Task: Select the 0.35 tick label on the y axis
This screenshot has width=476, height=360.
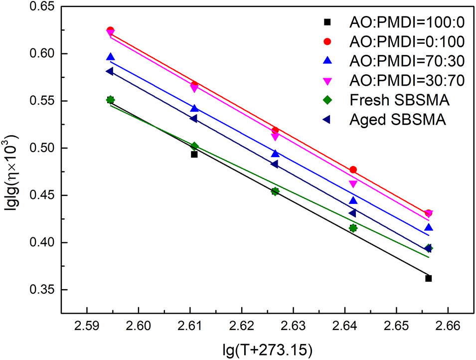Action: [42, 290]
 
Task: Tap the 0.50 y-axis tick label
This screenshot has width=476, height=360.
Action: [42, 148]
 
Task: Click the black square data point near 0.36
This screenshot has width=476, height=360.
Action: [429, 278]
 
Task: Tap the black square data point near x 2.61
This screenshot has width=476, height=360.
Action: [194, 154]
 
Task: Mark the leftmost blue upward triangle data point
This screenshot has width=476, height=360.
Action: [110, 57]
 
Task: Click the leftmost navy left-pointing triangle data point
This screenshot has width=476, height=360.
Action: [110, 71]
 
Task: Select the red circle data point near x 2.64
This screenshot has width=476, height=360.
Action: [353, 170]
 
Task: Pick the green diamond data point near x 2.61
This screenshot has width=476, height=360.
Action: [194, 146]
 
